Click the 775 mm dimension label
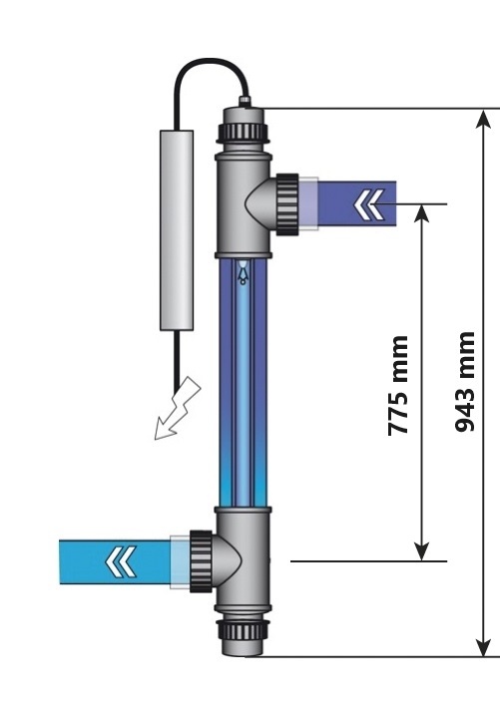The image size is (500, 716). pyautogui.click(x=397, y=385)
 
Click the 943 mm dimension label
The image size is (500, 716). pyautogui.click(x=465, y=382)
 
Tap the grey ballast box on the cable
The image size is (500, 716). pyautogui.click(x=177, y=230)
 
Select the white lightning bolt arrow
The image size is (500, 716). pyautogui.click(x=178, y=409)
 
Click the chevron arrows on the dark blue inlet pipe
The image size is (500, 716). pyautogui.click(x=369, y=204)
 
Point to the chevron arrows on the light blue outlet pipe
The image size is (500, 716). pyautogui.click(x=121, y=561)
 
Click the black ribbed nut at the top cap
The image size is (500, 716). pyautogui.click(x=244, y=131)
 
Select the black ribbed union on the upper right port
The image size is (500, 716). pyautogui.click(x=287, y=204)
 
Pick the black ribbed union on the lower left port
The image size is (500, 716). pyautogui.click(x=201, y=561)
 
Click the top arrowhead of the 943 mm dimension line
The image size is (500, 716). pyautogui.click(x=484, y=119)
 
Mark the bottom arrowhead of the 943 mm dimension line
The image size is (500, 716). pyautogui.click(x=484, y=647)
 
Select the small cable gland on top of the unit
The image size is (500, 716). pyautogui.click(x=246, y=101)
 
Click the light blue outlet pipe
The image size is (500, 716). pyautogui.click(x=115, y=561)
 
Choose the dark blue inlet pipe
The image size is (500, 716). pyautogui.click(x=357, y=203)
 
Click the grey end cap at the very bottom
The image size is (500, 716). pyautogui.click(x=243, y=647)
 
